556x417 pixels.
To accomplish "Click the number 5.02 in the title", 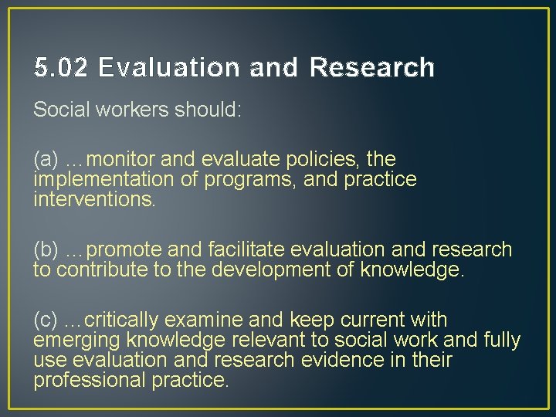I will pos(62,69).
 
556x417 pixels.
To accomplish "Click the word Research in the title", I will pos(371,69).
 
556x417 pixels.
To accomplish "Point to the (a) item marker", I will pos(46,160).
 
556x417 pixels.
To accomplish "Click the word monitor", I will pos(122,160).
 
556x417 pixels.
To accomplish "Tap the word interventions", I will pos(94,200).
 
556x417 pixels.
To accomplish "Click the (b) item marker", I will pos(46,250).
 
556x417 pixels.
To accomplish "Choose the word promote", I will pos(124,250).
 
